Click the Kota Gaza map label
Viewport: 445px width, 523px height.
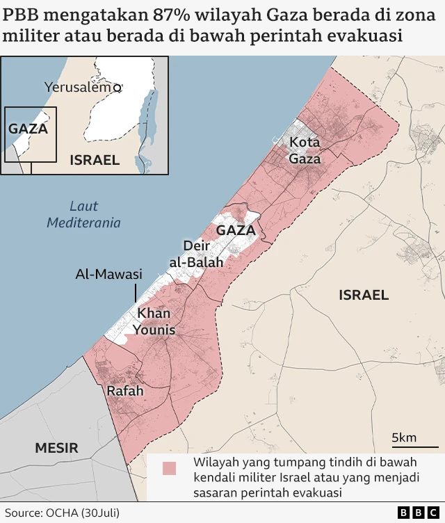[x=305, y=150]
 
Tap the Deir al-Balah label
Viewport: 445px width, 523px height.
[x=196, y=254]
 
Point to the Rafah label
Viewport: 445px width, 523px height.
[x=125, y=391]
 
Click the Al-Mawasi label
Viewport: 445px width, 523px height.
[x=108, y=274]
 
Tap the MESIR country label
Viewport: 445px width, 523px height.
[x=57, y=448]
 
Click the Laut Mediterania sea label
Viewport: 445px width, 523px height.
[x=84, y=214]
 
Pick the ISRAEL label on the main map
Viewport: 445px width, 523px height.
[x=364, y=295]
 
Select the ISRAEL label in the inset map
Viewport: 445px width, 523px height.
[x=95, y=160]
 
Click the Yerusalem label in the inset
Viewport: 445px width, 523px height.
[x=78, y=87]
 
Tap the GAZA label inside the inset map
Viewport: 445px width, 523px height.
[x=28, y=129]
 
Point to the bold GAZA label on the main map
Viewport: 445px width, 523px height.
[x=236, y=230]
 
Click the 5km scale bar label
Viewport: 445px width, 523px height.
[x=404, y=437]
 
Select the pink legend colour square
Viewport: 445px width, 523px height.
[x=169, y=469]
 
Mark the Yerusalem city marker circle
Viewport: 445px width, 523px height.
[x=118, y=88]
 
